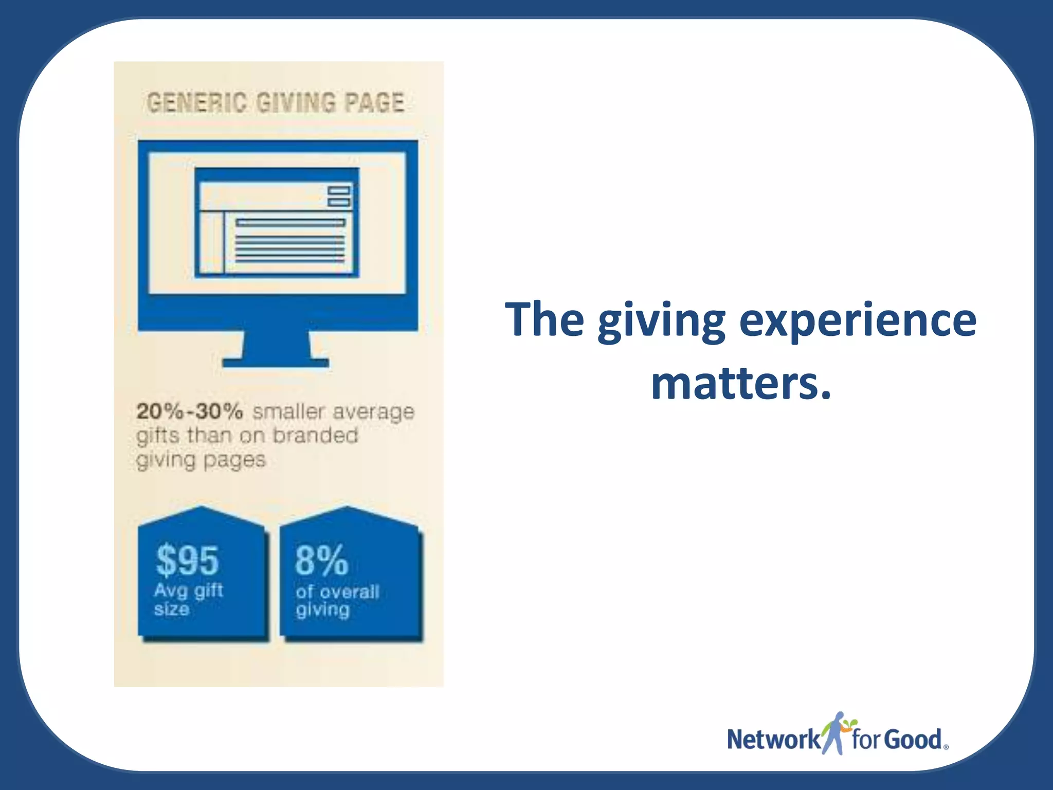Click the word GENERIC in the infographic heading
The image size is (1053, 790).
pos(196,102)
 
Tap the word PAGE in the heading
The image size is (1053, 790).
pos(374,102)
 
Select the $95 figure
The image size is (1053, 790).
pos(188,560)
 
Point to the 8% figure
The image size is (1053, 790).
pos(322,560)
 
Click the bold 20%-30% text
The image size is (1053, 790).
pos(189,411)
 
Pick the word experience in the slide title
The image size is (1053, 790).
pos(857,320)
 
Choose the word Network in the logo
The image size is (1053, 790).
pos(773,740)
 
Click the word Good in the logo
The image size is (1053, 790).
pos(914,740)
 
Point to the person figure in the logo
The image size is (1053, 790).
pos(836,733)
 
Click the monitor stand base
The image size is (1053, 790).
pos(276,363)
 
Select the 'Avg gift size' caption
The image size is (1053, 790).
pos(188,600)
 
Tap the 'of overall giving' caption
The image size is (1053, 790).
pos(337,601)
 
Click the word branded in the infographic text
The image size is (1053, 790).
pos(315,436)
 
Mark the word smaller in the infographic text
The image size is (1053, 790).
pos(289,411)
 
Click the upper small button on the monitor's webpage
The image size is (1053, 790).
pos(339,191)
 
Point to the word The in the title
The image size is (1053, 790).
pos(544,320)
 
